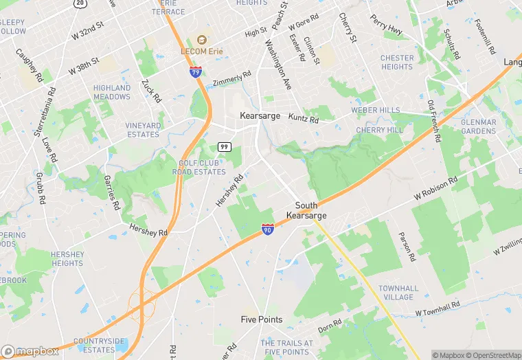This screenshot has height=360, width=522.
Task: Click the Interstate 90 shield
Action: click(x=268, y=229)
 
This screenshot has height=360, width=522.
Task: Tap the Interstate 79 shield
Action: click(x=196, y=71)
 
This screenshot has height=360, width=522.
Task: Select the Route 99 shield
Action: click(x=224, y=147)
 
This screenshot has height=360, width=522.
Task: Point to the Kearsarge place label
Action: click(x=260, y=116)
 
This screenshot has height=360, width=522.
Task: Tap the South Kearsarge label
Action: click(x=306, y=210)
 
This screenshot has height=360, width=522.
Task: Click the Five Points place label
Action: click(x=261, y=319)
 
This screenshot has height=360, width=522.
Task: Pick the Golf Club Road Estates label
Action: click(x=202, y=167)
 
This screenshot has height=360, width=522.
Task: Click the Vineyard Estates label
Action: click(x=142, y=130)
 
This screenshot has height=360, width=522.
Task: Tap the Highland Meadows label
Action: click(x=112, y=92)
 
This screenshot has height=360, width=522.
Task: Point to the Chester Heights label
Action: click(x=397, y=62)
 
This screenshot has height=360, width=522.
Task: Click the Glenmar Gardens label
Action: click(x=479, y=126)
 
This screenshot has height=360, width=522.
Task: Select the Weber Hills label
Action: click(x=375, y=110)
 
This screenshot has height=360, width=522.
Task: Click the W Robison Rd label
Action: click(x=435, y=190)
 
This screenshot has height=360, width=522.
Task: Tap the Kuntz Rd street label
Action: click(x=303, y=119)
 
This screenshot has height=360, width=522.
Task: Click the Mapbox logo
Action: click(x=30, y=351)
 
